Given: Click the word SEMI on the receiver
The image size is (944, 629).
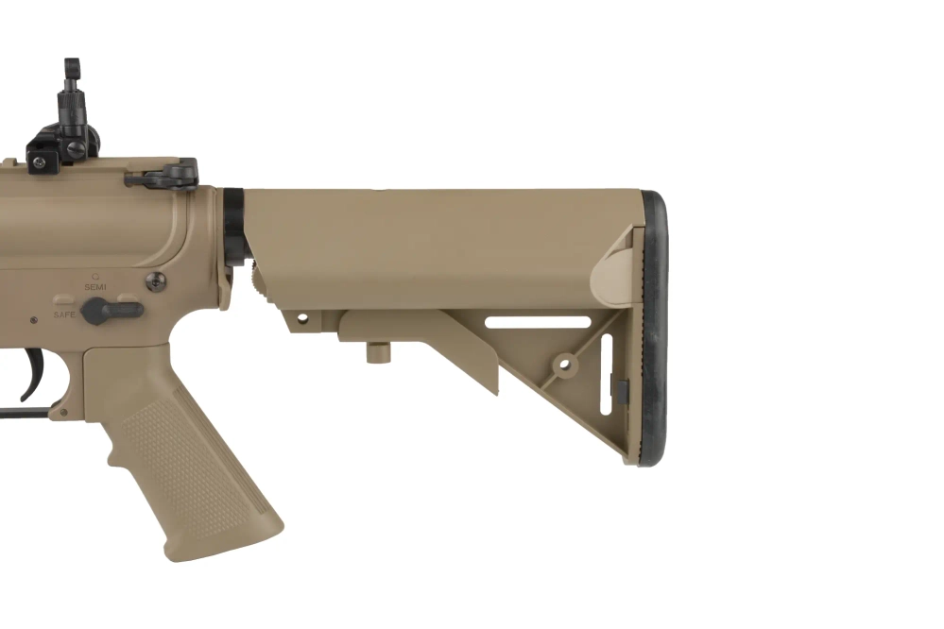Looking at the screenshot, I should (x=95, y=286).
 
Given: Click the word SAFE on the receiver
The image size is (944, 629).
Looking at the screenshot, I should (x=64, y=314).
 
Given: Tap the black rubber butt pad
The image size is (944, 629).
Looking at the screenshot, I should (x=653, y=326).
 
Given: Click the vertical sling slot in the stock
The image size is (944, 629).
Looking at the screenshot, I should (x=606, y=376).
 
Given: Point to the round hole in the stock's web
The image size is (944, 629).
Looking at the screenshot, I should (x=564, y=363).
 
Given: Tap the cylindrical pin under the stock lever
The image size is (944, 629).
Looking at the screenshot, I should (x=378, y=352).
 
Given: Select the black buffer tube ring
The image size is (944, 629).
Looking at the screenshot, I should (x=233, y=227).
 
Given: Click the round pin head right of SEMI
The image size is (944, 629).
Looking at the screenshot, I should (x=154, y=280).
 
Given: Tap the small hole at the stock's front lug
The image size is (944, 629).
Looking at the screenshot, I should (x=302, y=320).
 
